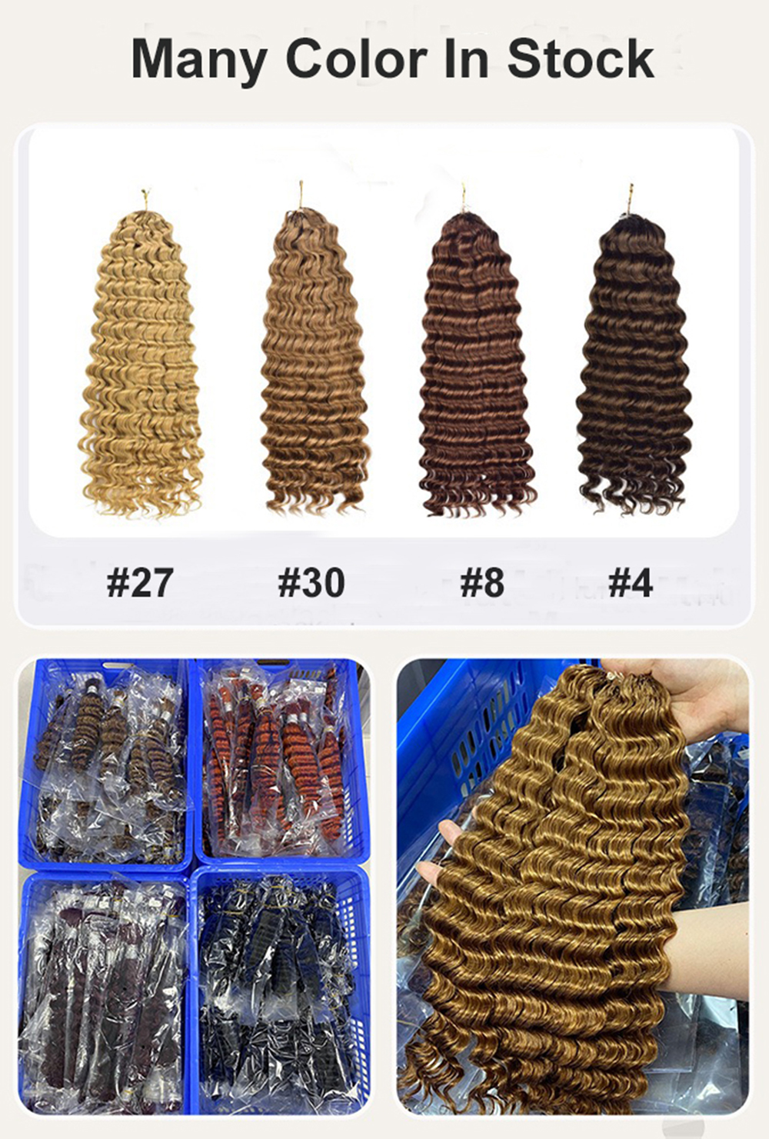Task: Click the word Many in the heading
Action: point(199,60)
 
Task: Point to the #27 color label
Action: point(140,582)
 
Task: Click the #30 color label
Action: point(311,582)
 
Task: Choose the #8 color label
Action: point(482,582)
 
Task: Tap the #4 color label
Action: point(630,582)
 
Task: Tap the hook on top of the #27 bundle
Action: point(145,198)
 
